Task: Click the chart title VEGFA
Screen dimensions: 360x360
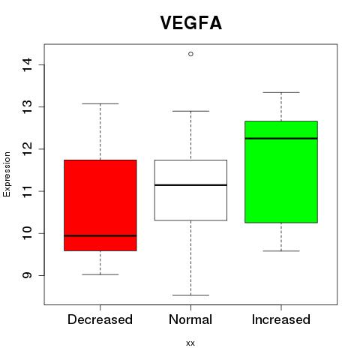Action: click(191, 22)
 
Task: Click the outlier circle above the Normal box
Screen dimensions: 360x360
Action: click(190, 54)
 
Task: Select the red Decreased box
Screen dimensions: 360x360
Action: click(100, 205)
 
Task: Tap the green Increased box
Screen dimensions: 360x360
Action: click(281, 172)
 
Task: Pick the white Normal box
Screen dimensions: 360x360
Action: click(190, 190)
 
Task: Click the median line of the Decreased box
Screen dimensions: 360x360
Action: click(100, 235)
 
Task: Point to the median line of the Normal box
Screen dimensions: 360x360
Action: click(190, 185)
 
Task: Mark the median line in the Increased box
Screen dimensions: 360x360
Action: click(281, 138)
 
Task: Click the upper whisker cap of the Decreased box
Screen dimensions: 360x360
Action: click(100, 103)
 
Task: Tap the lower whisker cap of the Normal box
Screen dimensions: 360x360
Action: click(190, 295)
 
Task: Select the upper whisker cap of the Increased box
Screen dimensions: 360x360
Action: click(281, 92)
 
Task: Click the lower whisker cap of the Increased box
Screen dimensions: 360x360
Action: click(281, 250)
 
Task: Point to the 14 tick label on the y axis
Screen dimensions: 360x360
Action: click(27, 64)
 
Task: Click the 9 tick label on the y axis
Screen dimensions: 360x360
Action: click(27, 275)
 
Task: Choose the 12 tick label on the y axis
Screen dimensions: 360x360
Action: click(27, 149)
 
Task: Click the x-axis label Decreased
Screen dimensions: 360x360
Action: click(100, 319)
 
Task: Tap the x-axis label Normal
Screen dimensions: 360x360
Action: click(190, 319)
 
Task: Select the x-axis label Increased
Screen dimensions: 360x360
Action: click(281, 319)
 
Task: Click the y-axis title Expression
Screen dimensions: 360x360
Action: click(7, 174)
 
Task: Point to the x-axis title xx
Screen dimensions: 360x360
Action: click(190, 343)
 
